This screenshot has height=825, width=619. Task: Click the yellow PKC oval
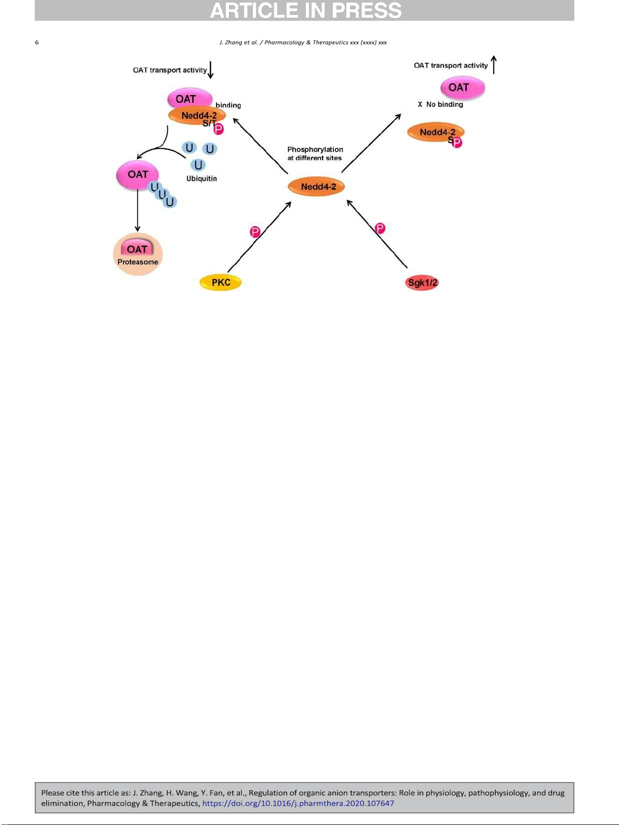click(x=220, y=282)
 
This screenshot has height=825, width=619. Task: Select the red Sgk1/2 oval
click(x=422, y=282)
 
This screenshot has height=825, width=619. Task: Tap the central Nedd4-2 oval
click(x=316, y=186)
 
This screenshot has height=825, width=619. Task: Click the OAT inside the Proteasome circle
click(x=137, y=249)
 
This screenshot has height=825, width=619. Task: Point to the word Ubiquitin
click(x=201, y=179)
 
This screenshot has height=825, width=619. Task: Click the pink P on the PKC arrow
click(x=255, y=232)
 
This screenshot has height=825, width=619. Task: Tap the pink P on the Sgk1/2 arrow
click(x=380, y=228)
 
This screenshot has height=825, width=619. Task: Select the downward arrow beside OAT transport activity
click(x=211, y=70)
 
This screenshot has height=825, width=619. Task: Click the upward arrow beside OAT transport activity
click(x=494, y=65)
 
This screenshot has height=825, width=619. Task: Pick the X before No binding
click(x=420, y=104)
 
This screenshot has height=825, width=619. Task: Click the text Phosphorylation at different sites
click(x=315, y=154)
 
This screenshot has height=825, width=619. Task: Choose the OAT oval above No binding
click(x=463, y=88)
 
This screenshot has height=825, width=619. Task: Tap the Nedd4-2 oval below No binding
click(x=436, y=132)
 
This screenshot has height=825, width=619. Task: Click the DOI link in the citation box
click(x=298, y=803)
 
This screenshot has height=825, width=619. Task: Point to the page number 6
click(x=37, y=43)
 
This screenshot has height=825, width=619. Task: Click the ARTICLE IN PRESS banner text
click(x=305, y=10)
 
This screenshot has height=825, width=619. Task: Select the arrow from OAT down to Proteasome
click(x=138, y=210)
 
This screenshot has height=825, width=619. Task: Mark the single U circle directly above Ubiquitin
click(x=198, y=165)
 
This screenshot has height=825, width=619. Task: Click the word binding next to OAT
click(x=228, y=105)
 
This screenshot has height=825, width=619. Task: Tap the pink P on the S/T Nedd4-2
click(x=218, y=129)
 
